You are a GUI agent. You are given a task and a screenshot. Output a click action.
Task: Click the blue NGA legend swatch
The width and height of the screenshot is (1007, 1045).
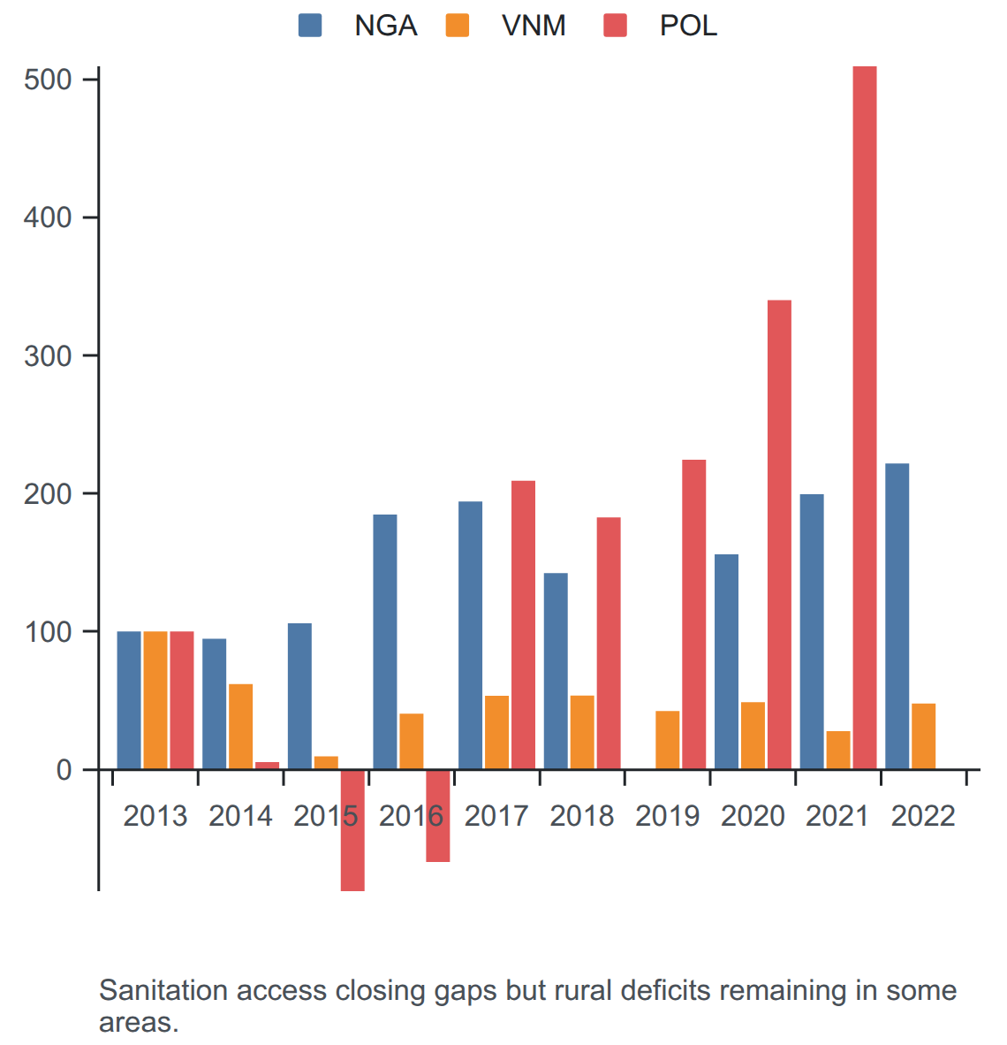(310, 26)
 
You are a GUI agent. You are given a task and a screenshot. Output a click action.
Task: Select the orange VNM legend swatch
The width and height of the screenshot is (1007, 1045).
(458, 26)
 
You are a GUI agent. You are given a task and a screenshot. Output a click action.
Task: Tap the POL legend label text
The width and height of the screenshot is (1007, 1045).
(688, 26)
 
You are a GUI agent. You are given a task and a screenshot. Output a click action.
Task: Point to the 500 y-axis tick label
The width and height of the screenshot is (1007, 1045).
(48, 80)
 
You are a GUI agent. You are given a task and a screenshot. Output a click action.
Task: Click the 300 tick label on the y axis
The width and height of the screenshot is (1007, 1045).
(48, 356)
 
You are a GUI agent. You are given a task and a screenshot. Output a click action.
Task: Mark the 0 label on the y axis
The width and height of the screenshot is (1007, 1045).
(64, 770)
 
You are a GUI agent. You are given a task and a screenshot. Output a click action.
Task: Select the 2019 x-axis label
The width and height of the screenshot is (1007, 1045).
(667, 816)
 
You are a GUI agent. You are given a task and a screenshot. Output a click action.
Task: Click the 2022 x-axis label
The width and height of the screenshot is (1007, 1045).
(923, 816)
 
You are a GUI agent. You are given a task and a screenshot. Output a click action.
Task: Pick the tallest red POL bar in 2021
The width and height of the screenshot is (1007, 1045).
(865, 418)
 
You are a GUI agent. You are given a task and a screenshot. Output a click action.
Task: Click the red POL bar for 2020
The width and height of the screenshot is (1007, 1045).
(779, 535)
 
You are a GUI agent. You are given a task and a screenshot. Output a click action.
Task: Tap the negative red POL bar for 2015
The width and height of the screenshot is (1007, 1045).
(352, 830)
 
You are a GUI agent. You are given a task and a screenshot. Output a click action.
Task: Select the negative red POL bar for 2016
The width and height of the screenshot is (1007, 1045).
(437, 816)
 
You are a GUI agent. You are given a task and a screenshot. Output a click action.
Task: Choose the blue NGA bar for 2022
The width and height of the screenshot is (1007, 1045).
(897, 616)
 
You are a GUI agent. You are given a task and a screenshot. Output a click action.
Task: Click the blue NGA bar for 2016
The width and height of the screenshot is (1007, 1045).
(385, 642)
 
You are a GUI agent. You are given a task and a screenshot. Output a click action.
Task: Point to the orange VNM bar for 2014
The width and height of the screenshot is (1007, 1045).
(240, 727)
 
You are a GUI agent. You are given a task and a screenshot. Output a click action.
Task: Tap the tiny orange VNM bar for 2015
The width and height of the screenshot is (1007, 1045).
(326, 763)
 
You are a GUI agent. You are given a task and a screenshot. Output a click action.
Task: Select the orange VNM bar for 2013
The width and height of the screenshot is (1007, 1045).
(155, 700)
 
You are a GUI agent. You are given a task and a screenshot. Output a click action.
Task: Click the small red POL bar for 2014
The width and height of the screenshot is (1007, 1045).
(267, 766)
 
